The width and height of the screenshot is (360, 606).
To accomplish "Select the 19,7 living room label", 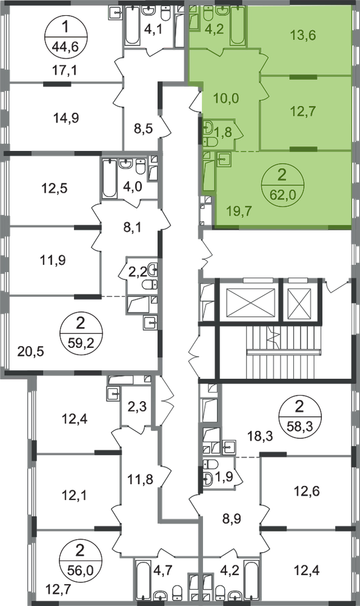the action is pos(239,211).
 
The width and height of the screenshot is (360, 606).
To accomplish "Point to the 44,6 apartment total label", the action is pos(65,47).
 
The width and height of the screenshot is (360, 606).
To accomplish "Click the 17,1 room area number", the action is pos(65,71).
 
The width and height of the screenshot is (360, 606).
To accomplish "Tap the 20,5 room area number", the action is pos(31,351).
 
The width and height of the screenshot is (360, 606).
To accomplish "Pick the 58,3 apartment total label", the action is pos(299,427).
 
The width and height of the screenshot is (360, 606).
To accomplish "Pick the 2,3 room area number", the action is pos(137,407).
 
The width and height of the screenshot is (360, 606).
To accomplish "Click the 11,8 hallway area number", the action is pos(141,480).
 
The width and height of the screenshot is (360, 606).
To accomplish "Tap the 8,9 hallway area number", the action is pos(232,519).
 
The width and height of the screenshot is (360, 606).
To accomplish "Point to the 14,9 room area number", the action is pos(67,118).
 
